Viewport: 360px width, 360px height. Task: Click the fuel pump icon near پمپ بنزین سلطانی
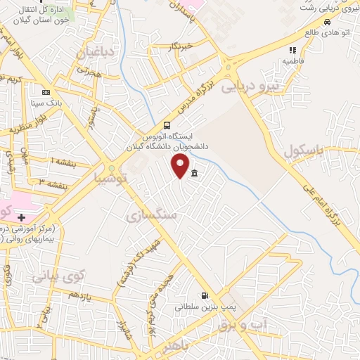point(205,296)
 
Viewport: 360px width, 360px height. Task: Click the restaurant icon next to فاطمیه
point(292,50)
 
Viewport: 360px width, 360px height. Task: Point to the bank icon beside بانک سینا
point(46,91)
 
